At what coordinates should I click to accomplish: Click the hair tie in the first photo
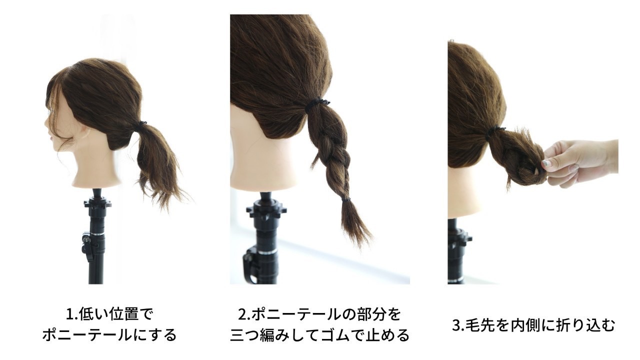(142, 124)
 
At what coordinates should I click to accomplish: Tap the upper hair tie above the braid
(316, 104)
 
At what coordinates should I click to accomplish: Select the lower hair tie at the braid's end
(346, 199)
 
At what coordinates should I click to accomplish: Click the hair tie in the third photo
(495, 131)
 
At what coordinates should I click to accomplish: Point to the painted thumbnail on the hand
(545, 163)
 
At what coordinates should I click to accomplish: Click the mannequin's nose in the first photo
(46, 123)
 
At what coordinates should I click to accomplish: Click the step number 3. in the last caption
(459, 325)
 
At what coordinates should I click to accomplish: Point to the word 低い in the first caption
(93, 314)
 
